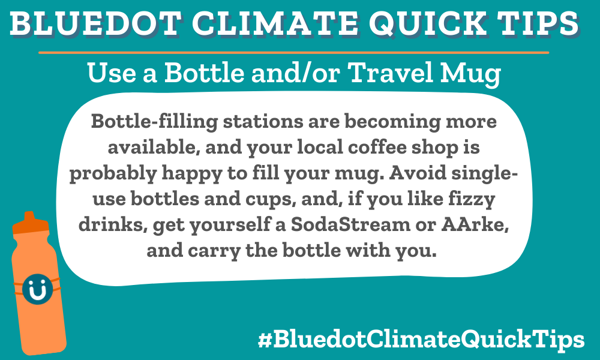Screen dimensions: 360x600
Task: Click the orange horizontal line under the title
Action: [x=294, y=53]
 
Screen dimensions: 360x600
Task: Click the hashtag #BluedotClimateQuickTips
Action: [x=421, y=340]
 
